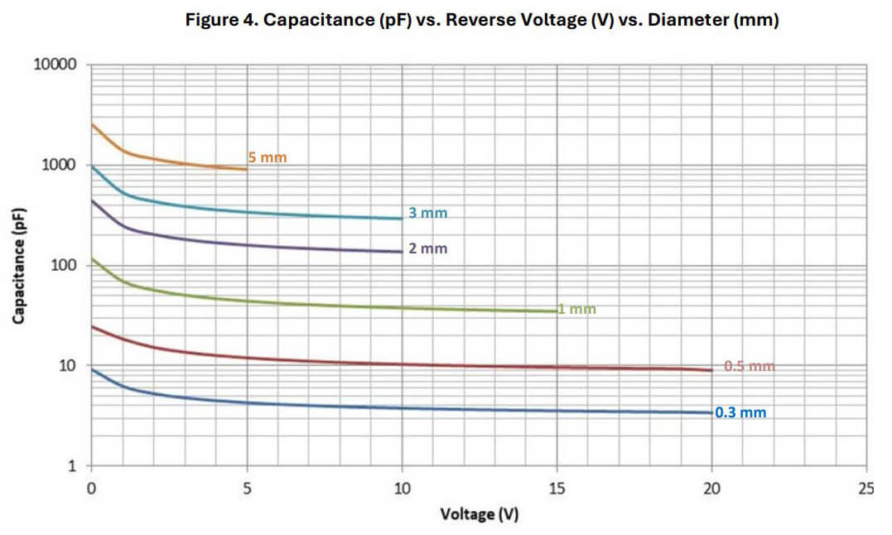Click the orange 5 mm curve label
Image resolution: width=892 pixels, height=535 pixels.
(x=267, y=157)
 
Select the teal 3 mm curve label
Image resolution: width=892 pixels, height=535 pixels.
(x=427, y=213)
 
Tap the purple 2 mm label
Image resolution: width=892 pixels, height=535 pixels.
(x=427, y=248)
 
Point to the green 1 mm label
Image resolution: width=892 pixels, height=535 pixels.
(x=577, y=309)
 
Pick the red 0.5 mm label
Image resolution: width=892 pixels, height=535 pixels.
(x=749, y=366)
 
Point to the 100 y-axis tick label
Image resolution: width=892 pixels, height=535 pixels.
(x=65, y=265)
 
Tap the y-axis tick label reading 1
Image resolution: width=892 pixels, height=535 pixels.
(x=73, y=466)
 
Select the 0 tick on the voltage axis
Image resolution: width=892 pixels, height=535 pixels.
(x=91, y=489)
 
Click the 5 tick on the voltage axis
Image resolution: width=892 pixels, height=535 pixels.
(x=246, y=489)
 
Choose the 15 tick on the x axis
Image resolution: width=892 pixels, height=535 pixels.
(x=557, y=489)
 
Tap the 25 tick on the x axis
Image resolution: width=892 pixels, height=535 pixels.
(x=866, y=489)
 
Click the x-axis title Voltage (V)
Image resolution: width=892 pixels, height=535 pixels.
(x=479, y=514)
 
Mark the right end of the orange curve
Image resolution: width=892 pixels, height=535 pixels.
(x=246, y=169)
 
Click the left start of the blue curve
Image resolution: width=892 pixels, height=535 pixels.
(x=92, y=369)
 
